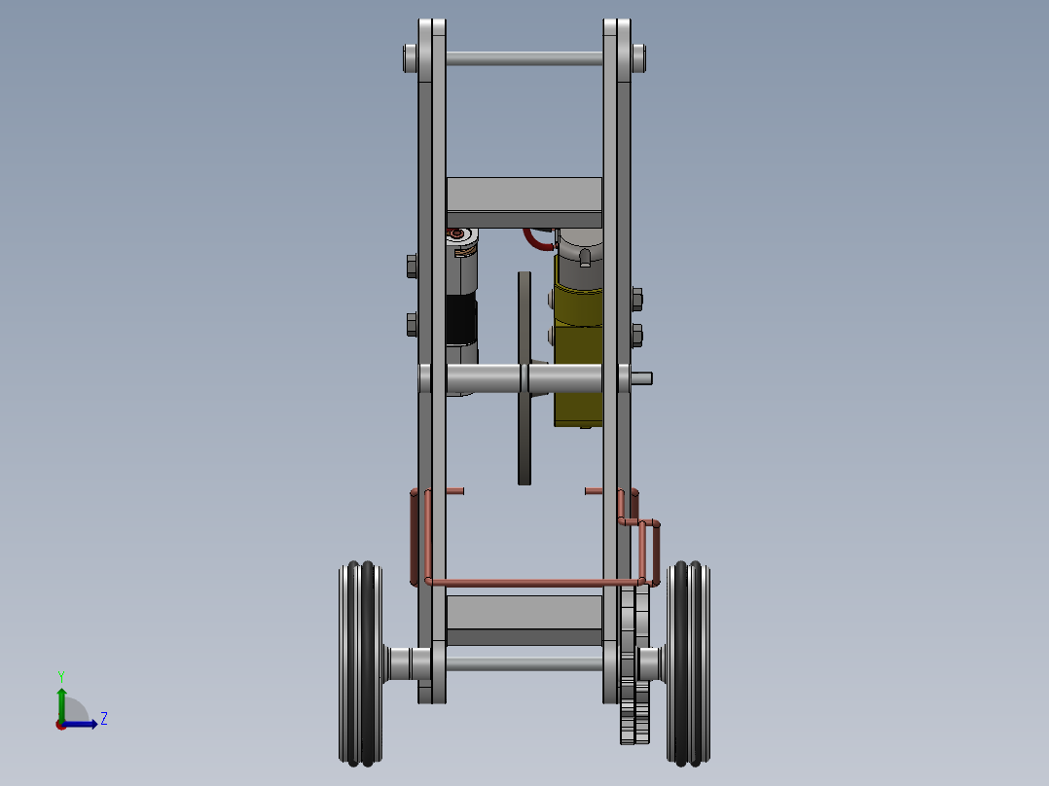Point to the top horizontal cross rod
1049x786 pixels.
click(x=524, y=59)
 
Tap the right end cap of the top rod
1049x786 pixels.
click(x=638, y=58)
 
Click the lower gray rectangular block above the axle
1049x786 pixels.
click(x=524, y=615)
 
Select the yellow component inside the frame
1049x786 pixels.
click(x=578, y=360)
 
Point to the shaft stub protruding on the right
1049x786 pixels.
click(x=641, y=377)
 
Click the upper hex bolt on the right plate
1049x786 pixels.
click(x=636, y=298)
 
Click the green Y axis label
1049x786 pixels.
click(x=60, y=675)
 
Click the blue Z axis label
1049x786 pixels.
click(x=103, y=719)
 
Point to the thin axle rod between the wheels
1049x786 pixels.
click(x=524, y=663)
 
